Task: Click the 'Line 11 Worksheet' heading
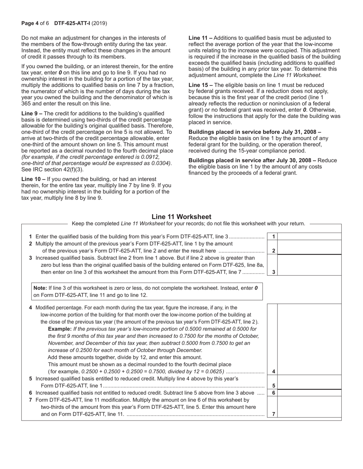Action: (x=181, y=217)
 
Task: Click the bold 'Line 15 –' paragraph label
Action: (x=201, y=85)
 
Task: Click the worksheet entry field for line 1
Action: (x=309, y=237)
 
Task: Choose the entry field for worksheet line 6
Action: (x=309, y=393)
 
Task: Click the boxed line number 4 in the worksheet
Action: (x=274, y=371)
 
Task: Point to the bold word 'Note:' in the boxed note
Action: (x=40, y=288)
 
